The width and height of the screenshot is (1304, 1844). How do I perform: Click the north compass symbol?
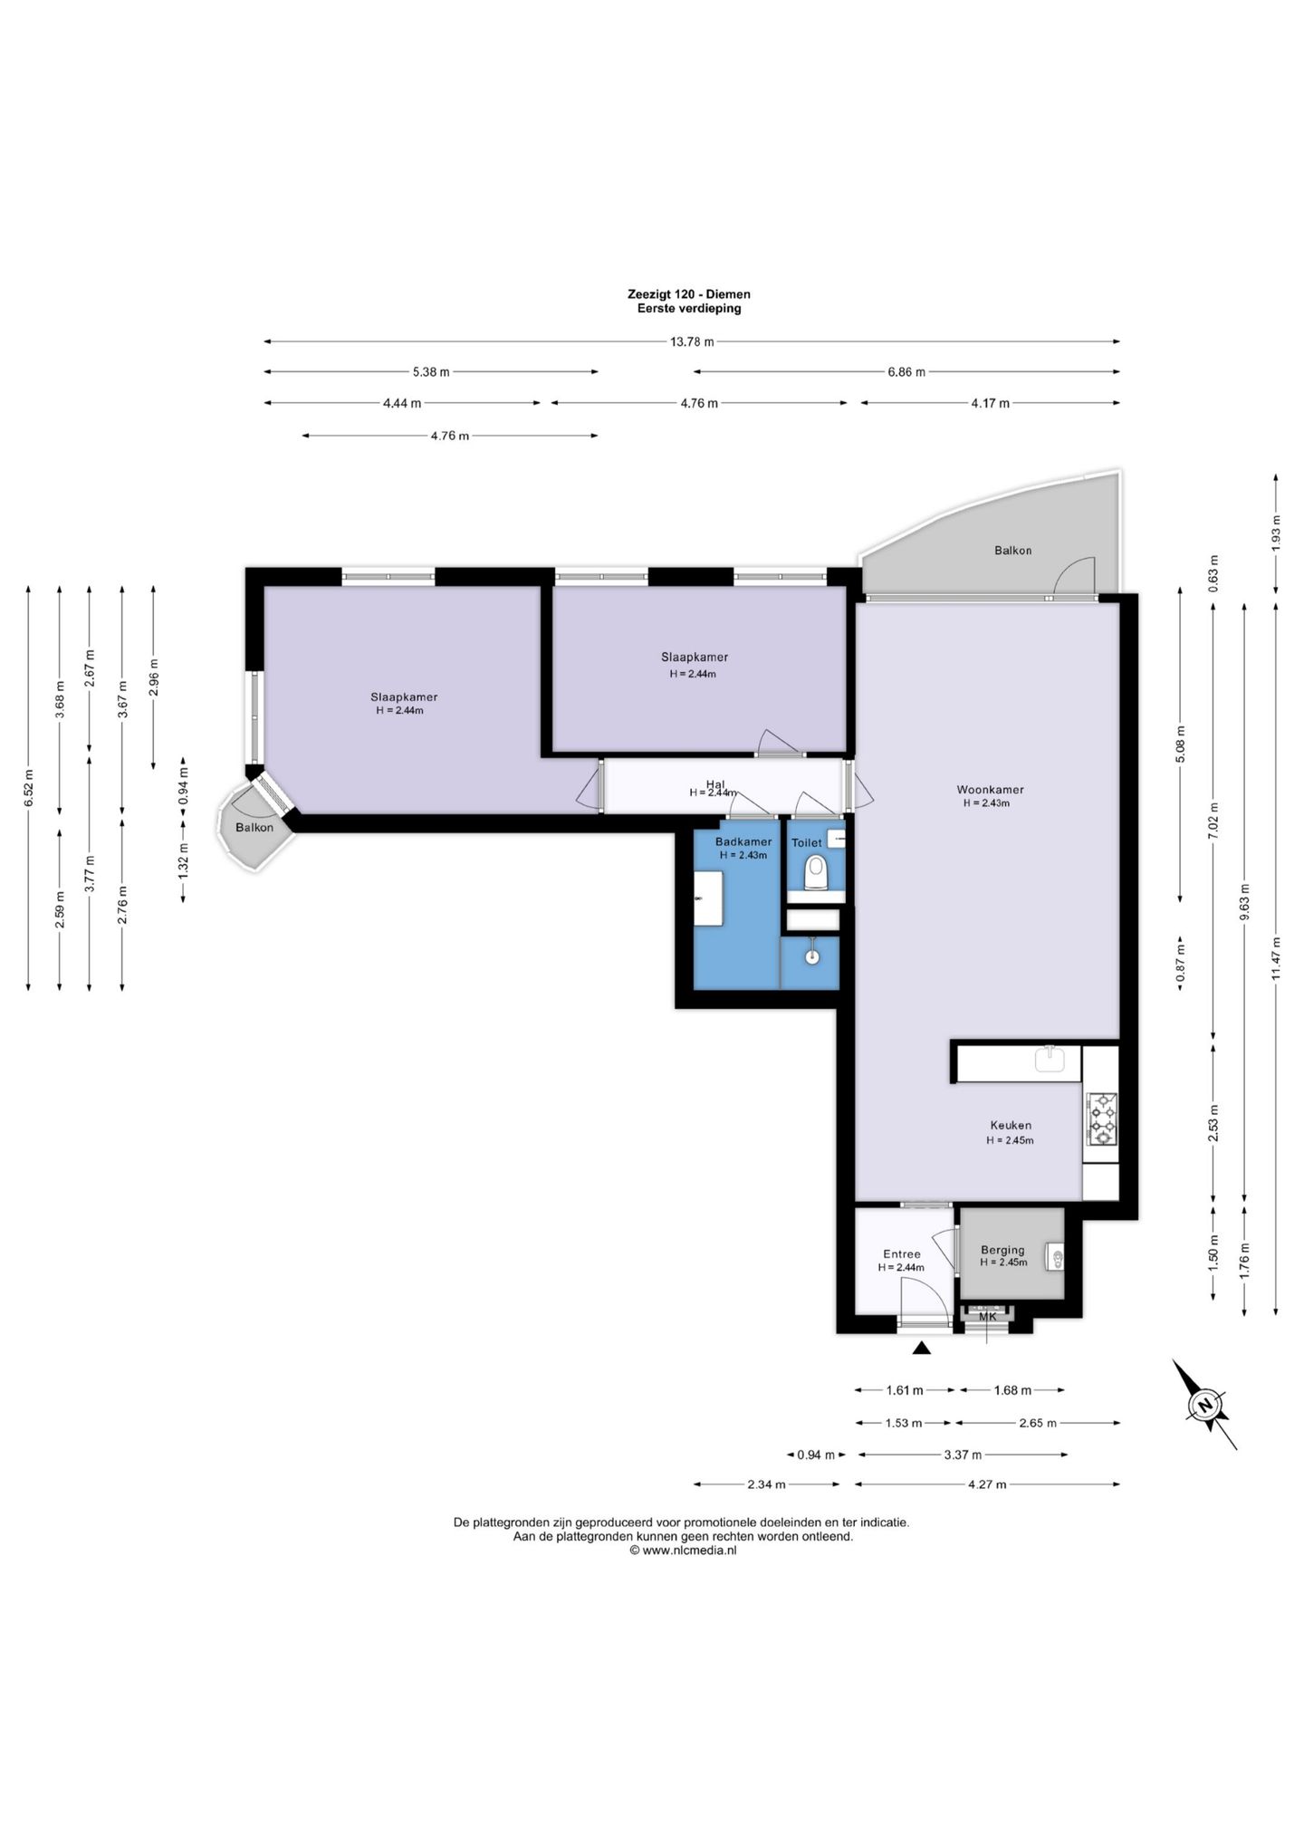pos(1204,1405)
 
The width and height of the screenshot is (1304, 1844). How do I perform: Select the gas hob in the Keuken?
pos(1102,1119)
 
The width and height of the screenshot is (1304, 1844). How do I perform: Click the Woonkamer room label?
pos(990,789)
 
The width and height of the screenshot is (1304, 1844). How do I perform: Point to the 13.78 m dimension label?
pos(692,341)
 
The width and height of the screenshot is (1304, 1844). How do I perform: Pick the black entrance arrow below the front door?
pos(922,1348)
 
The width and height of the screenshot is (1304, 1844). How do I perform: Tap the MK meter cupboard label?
pos(987,1317)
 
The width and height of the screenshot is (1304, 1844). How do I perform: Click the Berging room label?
pos(1002,1250)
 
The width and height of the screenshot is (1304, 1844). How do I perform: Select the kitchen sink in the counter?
pos(1050,1058)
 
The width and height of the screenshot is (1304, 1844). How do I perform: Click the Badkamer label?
pos(743,841)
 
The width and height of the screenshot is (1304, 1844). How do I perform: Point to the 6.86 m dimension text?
pos(906,371)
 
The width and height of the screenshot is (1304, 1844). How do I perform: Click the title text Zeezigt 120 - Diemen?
pos(689,294)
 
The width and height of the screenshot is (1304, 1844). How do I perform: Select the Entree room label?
pos(902,1254)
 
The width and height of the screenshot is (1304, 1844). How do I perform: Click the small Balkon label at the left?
pos(254,827)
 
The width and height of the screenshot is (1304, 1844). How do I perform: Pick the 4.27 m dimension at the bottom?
pos(987,1484)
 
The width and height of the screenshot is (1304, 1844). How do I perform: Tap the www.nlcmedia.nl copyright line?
pos(683,1550)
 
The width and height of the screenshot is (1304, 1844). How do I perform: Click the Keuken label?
pos(1010,1126)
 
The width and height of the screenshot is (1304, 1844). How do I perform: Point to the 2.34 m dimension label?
pos(766,1484)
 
